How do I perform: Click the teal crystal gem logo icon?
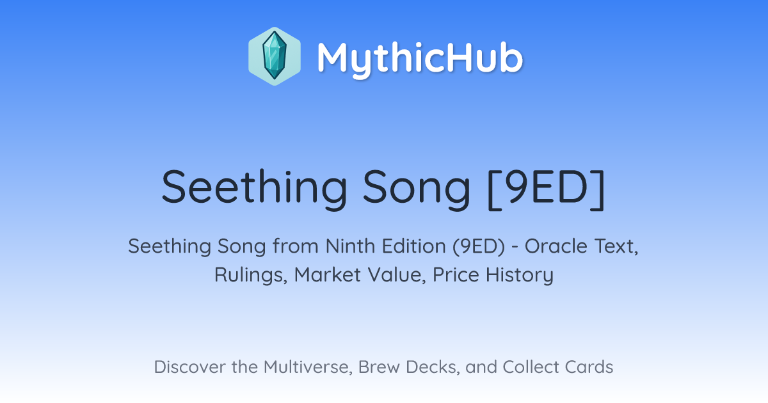click(275, 56)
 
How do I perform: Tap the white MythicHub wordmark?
click(420, 59)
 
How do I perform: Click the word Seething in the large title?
click(255, 189)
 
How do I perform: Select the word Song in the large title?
click(417, 189)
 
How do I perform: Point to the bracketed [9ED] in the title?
click(546, 189)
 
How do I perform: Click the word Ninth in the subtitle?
click(351, 246)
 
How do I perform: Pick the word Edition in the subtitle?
click(414, 246)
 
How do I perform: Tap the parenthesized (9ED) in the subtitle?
click(479, 247)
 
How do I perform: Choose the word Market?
click(328, 274)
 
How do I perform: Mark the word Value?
click(397, 275)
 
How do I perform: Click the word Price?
click(456, 274)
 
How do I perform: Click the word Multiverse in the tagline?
click(308, 367)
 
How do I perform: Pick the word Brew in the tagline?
click(379, 367)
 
